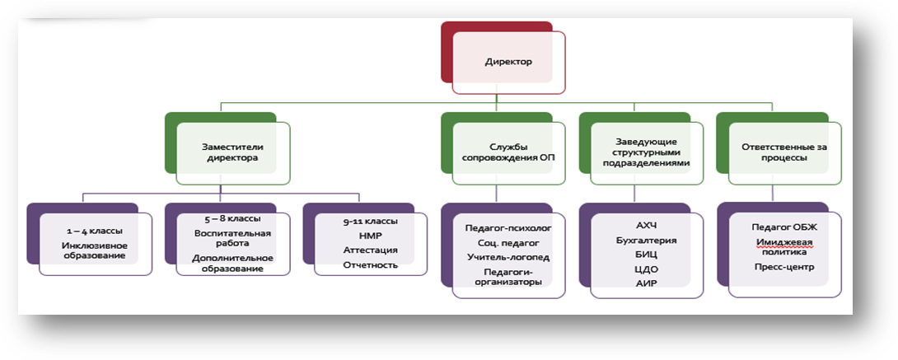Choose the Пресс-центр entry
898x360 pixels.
[781, 267]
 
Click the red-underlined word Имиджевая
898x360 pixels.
[781, 241]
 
